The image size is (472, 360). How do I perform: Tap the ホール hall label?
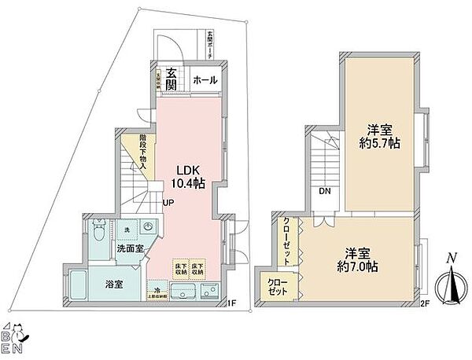(205, 80)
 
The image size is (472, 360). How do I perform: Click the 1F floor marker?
(232, 303)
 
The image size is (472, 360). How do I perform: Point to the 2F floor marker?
(424, 303)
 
